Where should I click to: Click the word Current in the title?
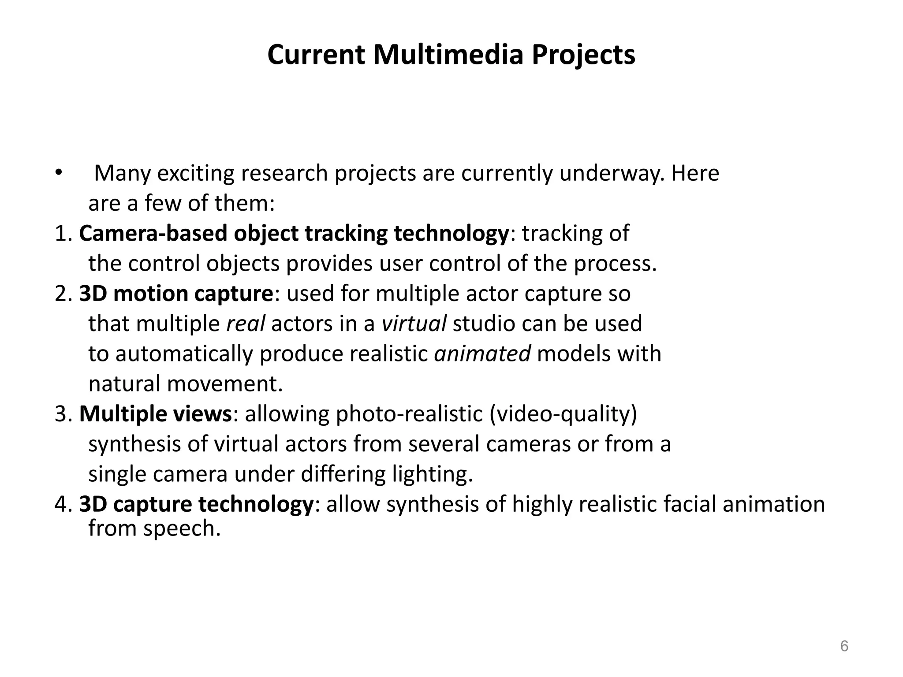(316, 55)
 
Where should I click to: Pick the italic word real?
(245, 324)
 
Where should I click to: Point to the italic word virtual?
(414, 324)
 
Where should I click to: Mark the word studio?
(484, 324)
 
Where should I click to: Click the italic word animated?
(482, 354)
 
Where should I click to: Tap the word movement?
(225, 384)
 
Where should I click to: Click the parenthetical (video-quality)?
(563, 414)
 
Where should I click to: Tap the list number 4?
(61, 504)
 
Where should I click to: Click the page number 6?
(844, 646)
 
